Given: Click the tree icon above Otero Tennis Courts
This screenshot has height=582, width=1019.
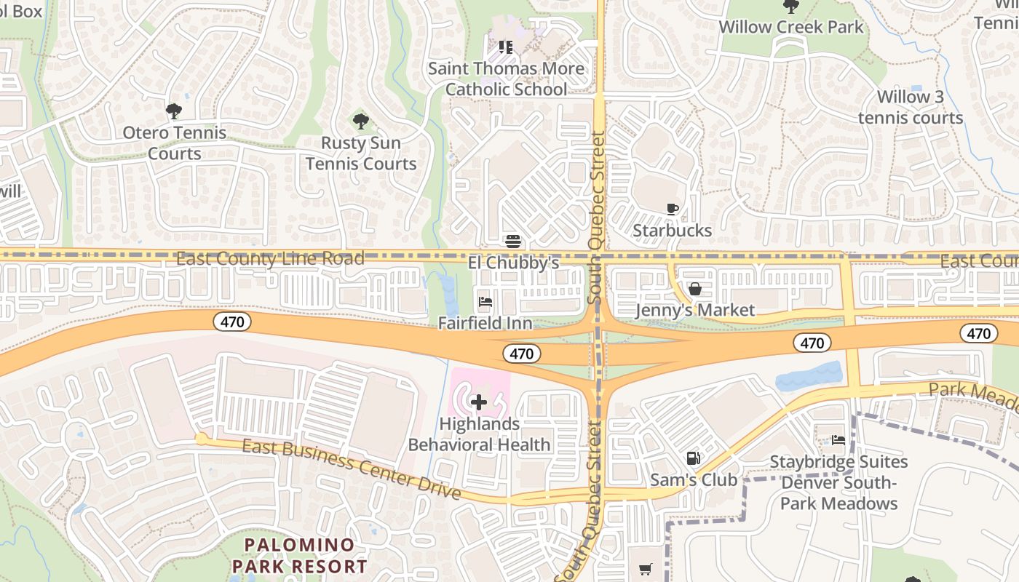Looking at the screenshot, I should point(173,111).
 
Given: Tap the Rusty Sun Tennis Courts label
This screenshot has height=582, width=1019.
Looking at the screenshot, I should point(361,153).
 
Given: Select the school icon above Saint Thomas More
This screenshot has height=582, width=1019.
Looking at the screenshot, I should point(506,48).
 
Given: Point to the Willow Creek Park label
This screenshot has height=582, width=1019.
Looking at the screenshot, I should point(790,28).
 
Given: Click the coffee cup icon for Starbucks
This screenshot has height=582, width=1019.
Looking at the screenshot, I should point(673,210).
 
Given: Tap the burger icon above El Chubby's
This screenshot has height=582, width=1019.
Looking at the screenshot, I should point(513,242).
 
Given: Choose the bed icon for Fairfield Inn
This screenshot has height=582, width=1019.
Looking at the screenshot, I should point(485,302).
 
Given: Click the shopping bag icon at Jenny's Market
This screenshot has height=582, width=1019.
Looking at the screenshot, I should point(695,290).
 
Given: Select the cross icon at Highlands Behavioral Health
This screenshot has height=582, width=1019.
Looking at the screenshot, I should point(479,402).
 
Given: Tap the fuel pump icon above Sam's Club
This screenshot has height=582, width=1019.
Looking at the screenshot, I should point(694,458).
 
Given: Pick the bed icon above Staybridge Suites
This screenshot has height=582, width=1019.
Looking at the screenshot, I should point(838,440).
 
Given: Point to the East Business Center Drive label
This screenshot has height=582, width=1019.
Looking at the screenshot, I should point(352,469).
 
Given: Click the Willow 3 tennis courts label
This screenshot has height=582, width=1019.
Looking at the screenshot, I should point(910,107).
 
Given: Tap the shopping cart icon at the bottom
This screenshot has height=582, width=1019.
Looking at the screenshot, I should point(646,570).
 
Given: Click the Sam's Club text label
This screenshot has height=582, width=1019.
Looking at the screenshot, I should point(694,480).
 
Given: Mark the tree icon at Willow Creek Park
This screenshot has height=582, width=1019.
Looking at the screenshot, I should point(790,7).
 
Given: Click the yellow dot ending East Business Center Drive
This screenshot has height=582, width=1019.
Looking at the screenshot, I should point(201,439).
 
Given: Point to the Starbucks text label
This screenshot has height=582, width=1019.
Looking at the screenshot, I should point(672,231).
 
